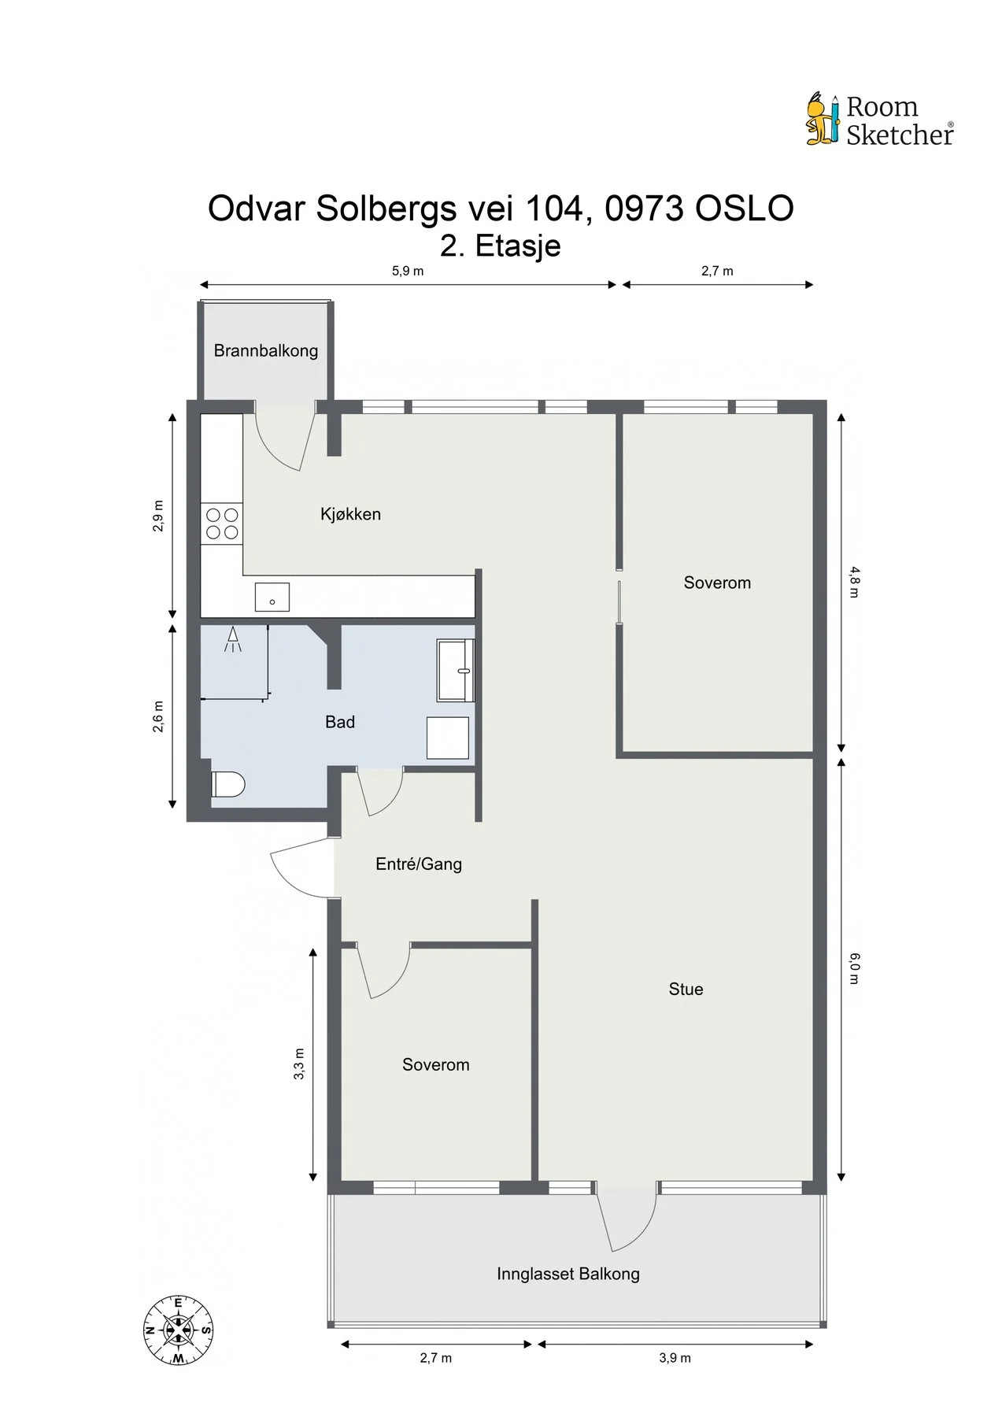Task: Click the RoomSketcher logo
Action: (x=880, y=120)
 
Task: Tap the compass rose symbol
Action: (x=179, y=1330)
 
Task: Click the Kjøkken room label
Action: (x=350, y=514)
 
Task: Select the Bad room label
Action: (x=340, y=722)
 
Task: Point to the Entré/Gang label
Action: (x=419, y=864)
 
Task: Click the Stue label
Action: (x=686, y=989)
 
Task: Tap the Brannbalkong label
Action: (x=266, y=350)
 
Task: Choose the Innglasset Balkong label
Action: (x=568, y=1273)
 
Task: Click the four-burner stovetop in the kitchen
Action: (x=222, y=524)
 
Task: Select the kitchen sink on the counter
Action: (x=272, y=598)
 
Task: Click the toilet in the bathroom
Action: (x=228, y=784)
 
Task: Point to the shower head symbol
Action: (x=233, y=639)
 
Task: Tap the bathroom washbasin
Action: (x=456, y=670)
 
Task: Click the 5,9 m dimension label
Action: (x=408, y=271)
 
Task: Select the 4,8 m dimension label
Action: (x=855, y=582)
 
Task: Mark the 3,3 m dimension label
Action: (x=299, y=1064)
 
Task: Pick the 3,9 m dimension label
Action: (x=675, y=1358)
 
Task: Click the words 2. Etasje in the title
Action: (x=501, y=246)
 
